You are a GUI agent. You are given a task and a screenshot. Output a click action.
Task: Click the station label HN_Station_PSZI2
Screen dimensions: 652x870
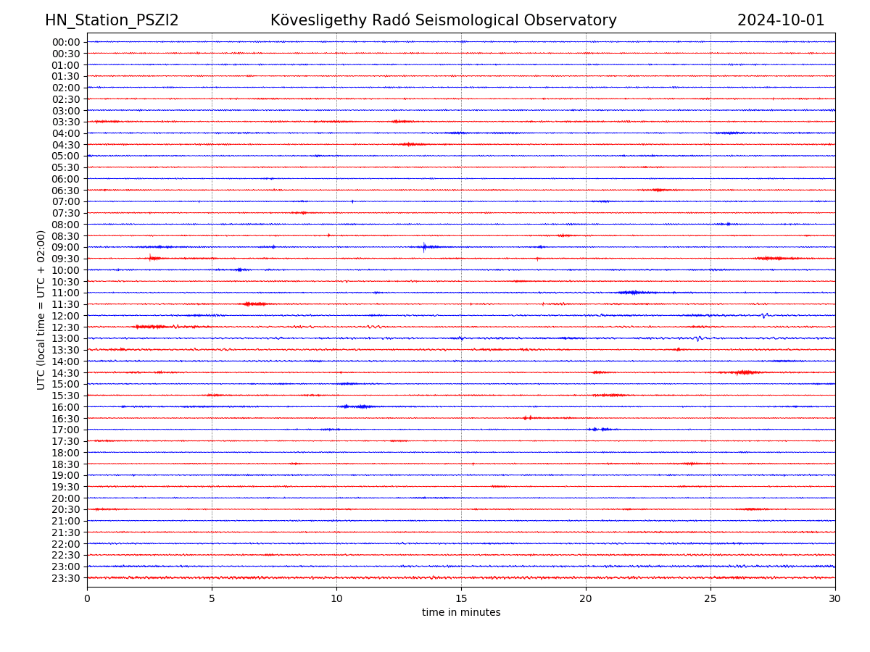click(x=112, y=20)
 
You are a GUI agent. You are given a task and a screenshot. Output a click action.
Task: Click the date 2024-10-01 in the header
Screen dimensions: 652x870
click(x=781, y=20)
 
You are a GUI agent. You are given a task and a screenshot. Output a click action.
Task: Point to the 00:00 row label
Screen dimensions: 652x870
click(x=66, y=42)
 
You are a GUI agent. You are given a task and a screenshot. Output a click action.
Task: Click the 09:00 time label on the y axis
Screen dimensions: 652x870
click(x=66, y=247)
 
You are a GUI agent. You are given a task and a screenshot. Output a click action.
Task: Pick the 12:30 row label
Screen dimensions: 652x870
click(x=66, y=327)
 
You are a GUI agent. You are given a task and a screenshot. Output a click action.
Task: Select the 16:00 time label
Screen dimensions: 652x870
click(x=66, y=407)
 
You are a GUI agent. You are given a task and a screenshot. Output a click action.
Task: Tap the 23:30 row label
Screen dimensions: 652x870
click(x=66, y=578)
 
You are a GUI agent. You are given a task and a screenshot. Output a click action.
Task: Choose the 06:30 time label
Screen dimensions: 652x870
click(x=66, y=190)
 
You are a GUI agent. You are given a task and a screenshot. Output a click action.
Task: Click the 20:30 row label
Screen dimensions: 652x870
click(x=66, y=509)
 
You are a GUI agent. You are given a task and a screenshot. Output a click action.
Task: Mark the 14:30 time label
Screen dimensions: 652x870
click(x=66, y=372)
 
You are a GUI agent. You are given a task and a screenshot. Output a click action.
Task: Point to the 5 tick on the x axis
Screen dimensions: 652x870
click(x=212, y=599)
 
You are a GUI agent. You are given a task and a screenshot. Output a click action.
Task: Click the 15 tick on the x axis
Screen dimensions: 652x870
click(x=461, y=599)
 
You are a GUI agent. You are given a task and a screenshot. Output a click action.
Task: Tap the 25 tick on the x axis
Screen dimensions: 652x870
click(x=710, y=599)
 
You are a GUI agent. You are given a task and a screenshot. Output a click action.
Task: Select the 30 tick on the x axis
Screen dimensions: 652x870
click(x=835, y=599)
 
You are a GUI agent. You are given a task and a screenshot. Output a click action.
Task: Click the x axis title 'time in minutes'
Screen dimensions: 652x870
click(x=461, y=613)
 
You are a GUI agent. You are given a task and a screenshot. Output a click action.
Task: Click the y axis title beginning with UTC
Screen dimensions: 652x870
click(x=42, y=309)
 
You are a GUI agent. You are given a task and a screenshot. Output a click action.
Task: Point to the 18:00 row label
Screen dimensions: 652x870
click(x=66, y=453)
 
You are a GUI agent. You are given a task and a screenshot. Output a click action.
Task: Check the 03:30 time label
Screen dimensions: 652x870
click(x=66, y=122)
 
